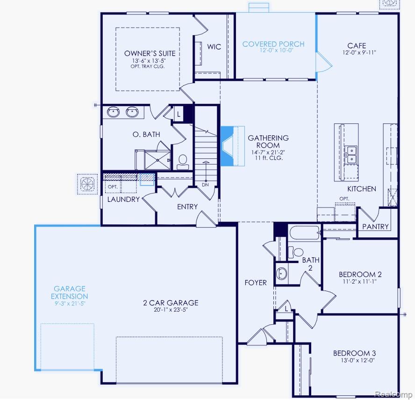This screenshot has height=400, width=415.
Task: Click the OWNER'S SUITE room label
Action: (x=150, y=53)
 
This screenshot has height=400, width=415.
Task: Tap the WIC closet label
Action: (x=214, y=47)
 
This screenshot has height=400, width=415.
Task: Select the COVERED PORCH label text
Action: (x=273, y=44)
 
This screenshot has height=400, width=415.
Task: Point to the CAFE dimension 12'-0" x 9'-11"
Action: (x=359, y=52)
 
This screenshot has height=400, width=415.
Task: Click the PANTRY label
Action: (x=375, y=227)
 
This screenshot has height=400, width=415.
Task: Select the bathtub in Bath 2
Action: (x=305, y=233)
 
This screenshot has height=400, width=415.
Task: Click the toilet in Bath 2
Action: (x=296, y=252)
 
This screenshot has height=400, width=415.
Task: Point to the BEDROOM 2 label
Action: (x=360, y=274)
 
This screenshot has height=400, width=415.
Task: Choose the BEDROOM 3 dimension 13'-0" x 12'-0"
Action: (x=358, y=360)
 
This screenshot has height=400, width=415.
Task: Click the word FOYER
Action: (x=256, y=283)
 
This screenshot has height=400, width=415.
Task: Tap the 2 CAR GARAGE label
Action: (x=171, y=303)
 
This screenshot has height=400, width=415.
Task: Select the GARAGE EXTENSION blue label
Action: (x=69, y=292)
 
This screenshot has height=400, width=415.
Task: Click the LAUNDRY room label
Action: (x=123, y=200)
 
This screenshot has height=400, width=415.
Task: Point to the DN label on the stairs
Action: (x=205, y=185)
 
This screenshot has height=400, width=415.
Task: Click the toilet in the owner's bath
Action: (x=183, y=162)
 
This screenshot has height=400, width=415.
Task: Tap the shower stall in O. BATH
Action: (x=158, y=160)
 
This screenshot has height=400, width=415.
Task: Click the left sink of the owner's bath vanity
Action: (x=113, y=112)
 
